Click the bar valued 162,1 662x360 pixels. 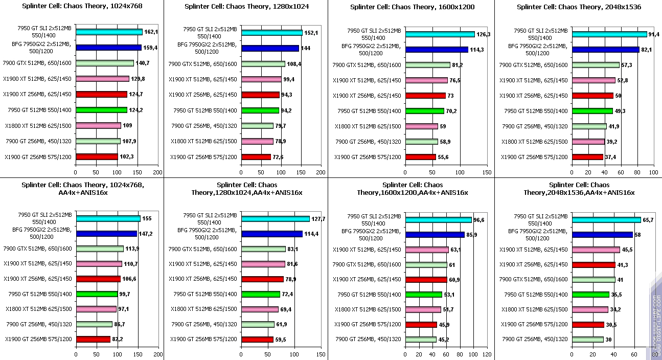click(x=109, y=32)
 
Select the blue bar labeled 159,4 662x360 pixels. click(x=108, y=48)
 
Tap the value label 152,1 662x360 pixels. click(x=311, y=33)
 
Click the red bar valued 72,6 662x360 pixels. click(x=256, y=157)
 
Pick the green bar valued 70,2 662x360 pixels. click(x=425, y=111)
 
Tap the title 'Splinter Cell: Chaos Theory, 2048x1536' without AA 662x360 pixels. click(x=579, y=7)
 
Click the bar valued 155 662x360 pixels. click(x=108, y=218)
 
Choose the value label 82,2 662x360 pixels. click(x=119, y=339)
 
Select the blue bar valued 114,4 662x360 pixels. click(x=272, y=234)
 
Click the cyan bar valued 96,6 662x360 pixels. click(x=438, y=220)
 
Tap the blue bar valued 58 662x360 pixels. click(x=602, y=235)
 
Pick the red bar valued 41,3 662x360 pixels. click(x=593, y=265)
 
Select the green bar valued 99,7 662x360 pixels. click(x=97, y=294)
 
